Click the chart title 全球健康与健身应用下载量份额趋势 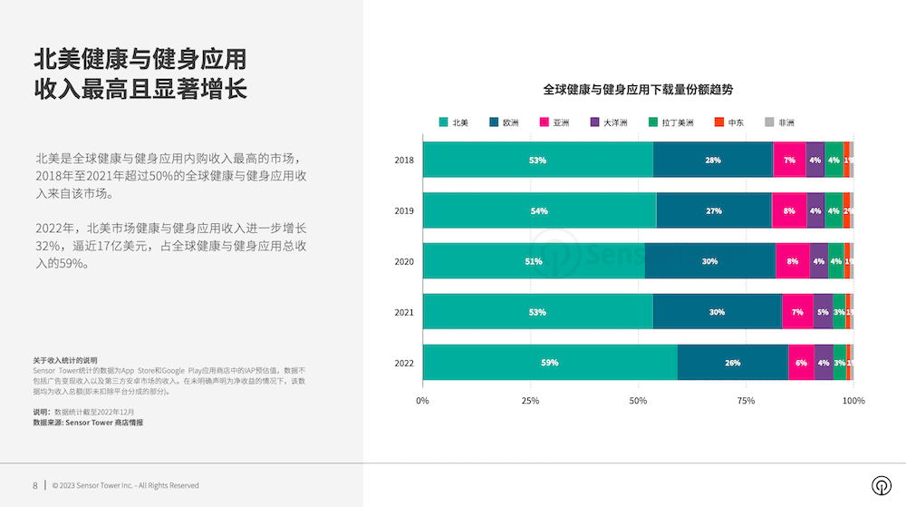tap(638, 90)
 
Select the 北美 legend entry tap(454, 122)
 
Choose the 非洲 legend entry tap(779, 122)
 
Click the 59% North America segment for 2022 tap(550, 363)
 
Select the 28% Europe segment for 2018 tap(713, 161)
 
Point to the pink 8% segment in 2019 tap(789, 211)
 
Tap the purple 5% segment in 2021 tap(823, 312)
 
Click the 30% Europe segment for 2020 tap(710, 262)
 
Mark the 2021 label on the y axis tap(404, 313)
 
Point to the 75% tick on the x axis tap(746, 400)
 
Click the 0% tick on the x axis tap(422, 400)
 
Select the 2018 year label tap(404, 161)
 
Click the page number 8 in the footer tap(35, 485)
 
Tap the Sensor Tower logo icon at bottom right tap(880, 485)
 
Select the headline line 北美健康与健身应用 tap(140, 61)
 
